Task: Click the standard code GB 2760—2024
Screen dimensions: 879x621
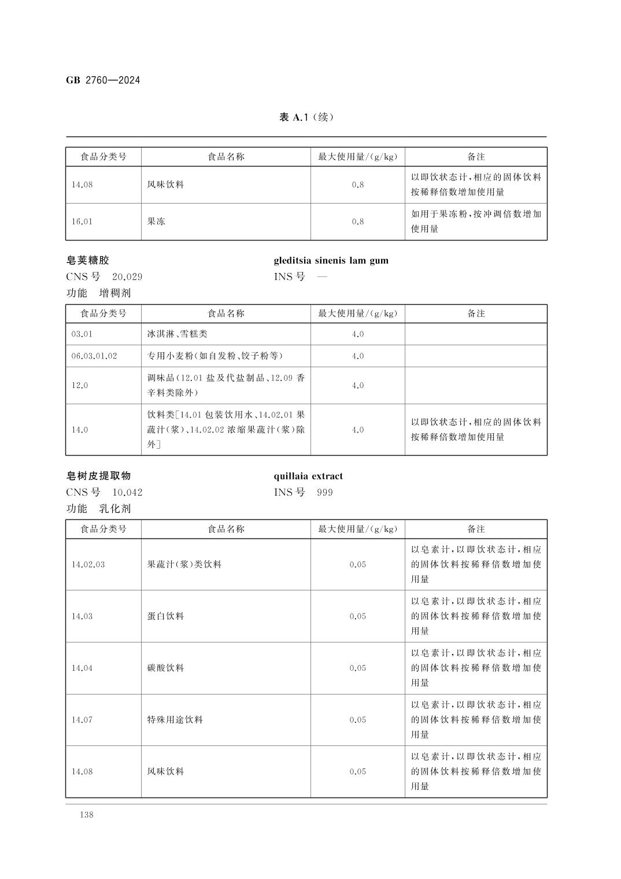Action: [103, 80]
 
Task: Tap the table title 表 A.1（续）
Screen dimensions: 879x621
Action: [306, 117]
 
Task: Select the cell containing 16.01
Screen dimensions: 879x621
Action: [82, 221]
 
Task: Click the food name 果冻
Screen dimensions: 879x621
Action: [156, 221]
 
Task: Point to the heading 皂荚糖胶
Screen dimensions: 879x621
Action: [88, 260]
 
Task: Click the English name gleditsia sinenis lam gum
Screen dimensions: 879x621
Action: [331, 260]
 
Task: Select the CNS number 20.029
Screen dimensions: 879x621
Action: [127, 276]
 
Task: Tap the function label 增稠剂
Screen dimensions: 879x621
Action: [115, 293]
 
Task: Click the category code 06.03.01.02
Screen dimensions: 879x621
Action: [94, 356]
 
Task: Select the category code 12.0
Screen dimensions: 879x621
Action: [80, 386]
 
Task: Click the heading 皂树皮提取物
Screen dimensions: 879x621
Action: [98, 476]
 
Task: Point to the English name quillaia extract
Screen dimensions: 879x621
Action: [308, 476]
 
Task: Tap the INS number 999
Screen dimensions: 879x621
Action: [325, 493]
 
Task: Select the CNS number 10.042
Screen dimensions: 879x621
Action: [127, 493]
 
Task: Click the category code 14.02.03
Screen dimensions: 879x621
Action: [88, 564]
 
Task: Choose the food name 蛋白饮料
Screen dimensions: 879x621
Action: [165, 616]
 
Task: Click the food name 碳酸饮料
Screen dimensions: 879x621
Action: [165, 668]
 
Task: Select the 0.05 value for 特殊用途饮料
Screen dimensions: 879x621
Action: [357, 720]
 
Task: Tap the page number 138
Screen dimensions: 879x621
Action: [87, 815]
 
